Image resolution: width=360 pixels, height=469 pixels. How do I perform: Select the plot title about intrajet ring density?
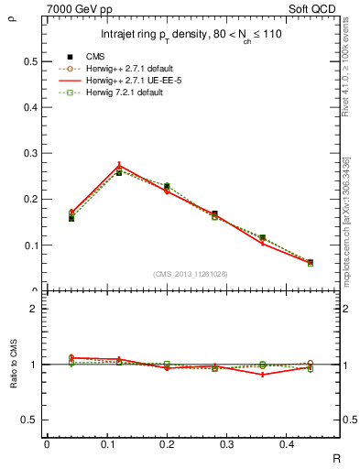tap(191, 36)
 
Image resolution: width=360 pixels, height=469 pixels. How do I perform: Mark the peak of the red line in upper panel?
tap(119, 166)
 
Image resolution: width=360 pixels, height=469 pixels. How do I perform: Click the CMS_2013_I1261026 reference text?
tap(191, 273)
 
